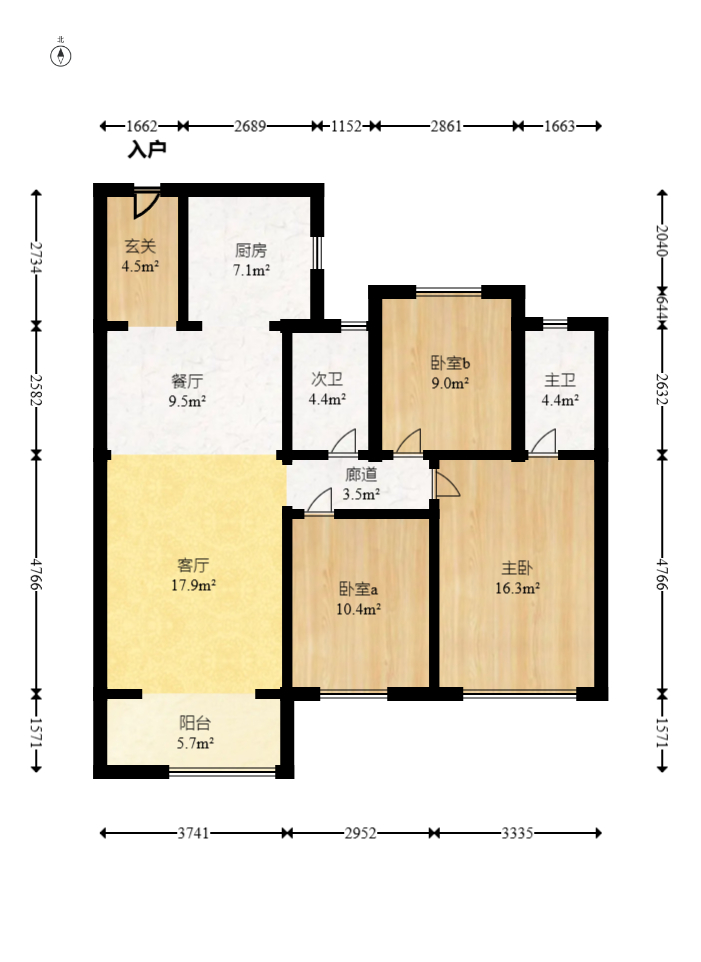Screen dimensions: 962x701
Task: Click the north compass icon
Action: click(x=61, y=54)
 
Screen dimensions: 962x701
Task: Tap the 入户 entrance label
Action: click(x=146, y=150)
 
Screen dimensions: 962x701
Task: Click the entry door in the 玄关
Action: click(x=146, y=202)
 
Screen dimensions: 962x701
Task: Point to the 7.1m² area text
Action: click(x=251, y=270)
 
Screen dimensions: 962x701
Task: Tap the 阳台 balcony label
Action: click(x=195, y=723)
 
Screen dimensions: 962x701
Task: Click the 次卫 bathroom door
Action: click(x=343, y=442)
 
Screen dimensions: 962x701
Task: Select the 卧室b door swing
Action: click(x=409, y=442)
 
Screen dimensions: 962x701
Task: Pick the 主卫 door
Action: click(x=544, y=442)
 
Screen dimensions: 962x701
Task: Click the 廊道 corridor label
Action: click(x=361, y=475)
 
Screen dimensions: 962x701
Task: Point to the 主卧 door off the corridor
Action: click(x=446, y=484)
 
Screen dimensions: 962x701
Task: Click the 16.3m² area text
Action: click(x=518, y=588)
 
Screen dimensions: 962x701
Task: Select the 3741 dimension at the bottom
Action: click(x=193, y=833)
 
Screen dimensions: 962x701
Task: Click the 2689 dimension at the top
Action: click(x=250, y=126)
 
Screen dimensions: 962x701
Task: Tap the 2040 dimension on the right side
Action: click(x=661, y=240)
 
